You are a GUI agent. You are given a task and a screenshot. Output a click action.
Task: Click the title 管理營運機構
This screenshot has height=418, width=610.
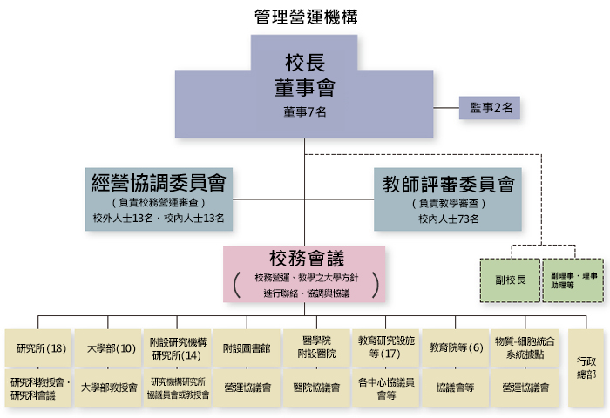coord(305,17)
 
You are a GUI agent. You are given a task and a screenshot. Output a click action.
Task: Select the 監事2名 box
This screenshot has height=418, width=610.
coord(491,107)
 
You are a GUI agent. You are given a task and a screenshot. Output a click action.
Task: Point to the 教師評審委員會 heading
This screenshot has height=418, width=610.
coord(448,184)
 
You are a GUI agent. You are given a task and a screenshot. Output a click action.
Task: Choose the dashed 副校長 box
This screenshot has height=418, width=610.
coord(510,280)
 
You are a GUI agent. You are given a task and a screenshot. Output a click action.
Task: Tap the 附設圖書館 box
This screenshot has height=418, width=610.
coord(247,348)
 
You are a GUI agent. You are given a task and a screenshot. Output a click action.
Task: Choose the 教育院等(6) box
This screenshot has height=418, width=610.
coord(456,348)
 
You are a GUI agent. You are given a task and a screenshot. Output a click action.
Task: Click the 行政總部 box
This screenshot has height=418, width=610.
coord(586,367)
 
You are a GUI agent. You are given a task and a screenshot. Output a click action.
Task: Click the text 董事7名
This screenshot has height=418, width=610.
coord(304,112)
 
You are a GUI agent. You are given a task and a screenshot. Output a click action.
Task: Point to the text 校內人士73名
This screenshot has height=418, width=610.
coord(448,219)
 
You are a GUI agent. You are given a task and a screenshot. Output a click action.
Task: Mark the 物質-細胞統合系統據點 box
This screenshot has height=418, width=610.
coord(525,348)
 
